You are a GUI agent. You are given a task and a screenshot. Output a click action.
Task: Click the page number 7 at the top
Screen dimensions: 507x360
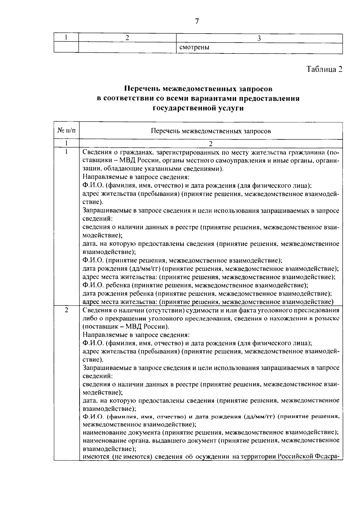coord(197,21)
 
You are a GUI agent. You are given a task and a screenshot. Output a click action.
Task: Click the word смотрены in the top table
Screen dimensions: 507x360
coord(194,48)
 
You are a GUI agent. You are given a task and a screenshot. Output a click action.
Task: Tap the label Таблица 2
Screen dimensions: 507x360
coord(324,69)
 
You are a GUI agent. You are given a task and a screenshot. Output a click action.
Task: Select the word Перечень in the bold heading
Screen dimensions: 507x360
coord(142,89)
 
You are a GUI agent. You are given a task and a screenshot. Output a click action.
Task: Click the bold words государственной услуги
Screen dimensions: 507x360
coord(198,108)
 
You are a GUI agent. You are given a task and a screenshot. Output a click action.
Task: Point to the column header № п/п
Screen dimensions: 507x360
coord(66,131)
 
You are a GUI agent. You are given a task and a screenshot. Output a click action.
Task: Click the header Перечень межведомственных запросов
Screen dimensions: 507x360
coord(211,131)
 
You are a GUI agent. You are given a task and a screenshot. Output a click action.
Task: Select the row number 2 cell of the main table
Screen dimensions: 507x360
coord(66,310)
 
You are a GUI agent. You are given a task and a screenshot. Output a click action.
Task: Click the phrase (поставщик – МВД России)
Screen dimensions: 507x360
coord(126,327)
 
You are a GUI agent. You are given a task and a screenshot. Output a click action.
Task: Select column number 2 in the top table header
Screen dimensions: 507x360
coord(127,38)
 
